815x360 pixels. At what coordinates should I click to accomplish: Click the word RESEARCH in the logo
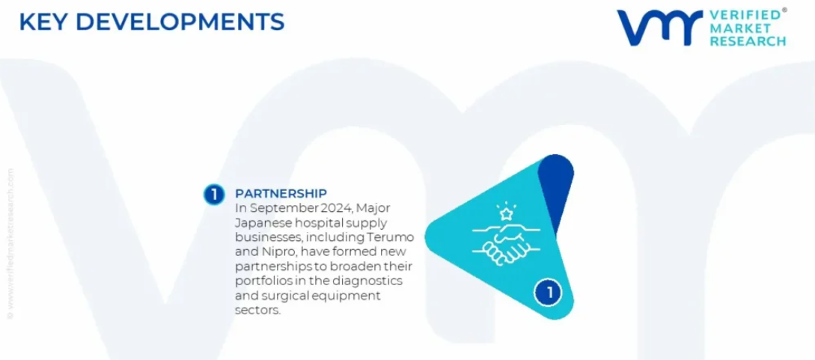[748, 42]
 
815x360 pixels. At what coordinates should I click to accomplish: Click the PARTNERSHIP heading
[281, 194]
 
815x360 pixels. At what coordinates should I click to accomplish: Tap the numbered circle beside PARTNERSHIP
[213, 195]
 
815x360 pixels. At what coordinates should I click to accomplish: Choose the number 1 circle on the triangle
[549, 293]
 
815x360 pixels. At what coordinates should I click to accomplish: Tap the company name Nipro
[273, 253]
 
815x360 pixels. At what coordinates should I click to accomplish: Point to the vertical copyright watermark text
[10, 243]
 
